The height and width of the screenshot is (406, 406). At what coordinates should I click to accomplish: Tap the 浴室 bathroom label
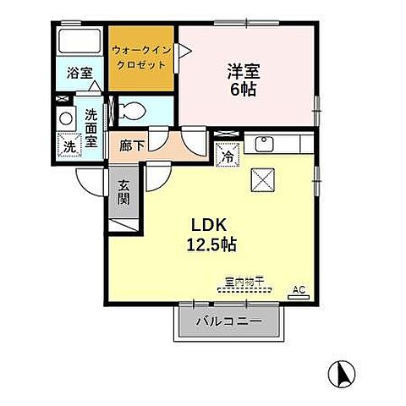[80, 74]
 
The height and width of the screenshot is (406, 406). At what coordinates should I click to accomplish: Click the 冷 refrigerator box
[228, 155]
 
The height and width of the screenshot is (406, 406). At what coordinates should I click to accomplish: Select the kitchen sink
[263, 142]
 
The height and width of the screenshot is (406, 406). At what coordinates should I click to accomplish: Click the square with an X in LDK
[260, 178]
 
